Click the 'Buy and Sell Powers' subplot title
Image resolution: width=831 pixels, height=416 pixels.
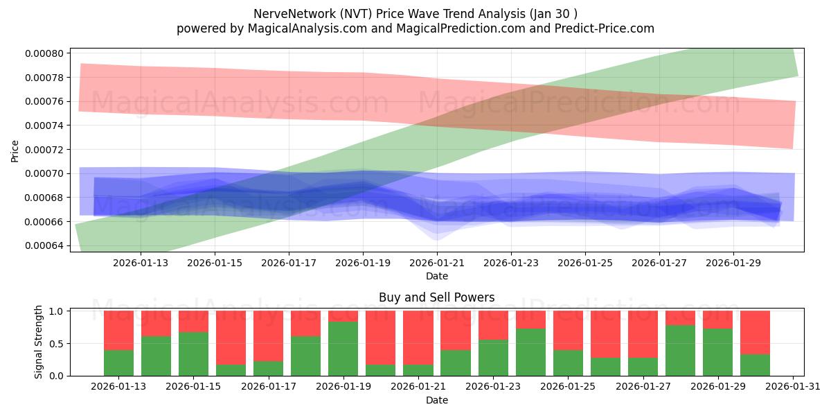[436, 297]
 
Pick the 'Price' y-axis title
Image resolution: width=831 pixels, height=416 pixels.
[15, 150]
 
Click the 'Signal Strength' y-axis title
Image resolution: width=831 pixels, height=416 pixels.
[39, 342]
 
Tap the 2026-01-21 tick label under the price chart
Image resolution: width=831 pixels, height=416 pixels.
[437, 263]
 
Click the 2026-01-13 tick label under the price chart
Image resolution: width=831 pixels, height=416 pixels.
[141, 263]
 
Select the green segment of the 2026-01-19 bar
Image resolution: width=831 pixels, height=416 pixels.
[343, 349]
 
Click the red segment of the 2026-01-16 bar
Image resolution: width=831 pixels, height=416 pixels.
[231, 337]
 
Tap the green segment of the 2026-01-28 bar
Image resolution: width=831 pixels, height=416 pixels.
[680, 350]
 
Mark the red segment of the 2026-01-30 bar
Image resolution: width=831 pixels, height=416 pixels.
[755, 332]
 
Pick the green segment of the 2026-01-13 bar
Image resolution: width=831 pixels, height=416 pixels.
[118, 363]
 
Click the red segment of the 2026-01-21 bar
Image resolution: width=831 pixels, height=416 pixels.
[418, 337]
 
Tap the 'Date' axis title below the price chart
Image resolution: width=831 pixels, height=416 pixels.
[436, 276]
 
